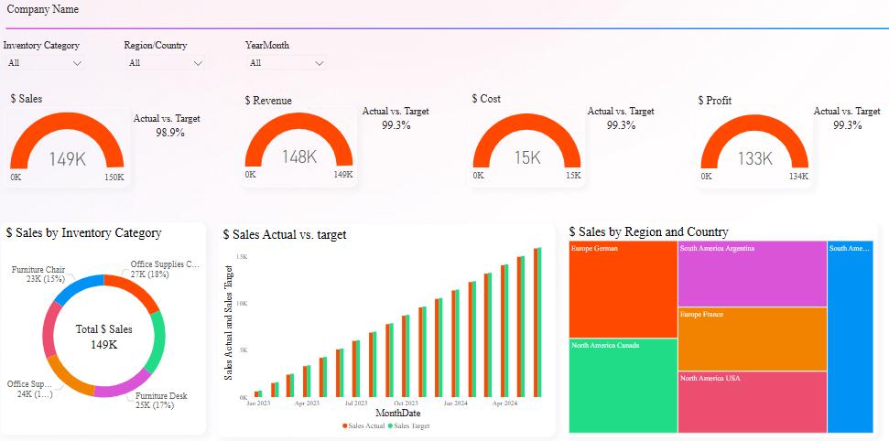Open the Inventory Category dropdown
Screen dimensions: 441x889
(44, 63)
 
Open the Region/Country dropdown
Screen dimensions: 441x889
(165, 63)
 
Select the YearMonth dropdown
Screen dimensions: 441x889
(286, 63)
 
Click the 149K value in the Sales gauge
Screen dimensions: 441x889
(67, 159)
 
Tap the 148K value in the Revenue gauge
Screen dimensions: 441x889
(298, 156)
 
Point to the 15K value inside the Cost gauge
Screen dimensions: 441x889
(526, 157)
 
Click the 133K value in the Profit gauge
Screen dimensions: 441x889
(754, 158)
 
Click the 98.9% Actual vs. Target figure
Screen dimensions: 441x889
(169, 133)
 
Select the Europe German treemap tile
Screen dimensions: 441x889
(623, 289)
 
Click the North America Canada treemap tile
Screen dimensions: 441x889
(623, 385)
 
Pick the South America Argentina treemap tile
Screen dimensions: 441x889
(752, 274)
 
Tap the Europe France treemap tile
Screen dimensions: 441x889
(752, 339)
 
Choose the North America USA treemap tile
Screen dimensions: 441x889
(752, 402)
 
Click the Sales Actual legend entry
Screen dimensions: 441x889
(363, 425)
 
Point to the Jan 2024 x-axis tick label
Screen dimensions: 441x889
(455, 403)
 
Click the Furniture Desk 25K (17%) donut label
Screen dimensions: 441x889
(161, 400)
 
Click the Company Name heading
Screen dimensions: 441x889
(43, 9)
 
